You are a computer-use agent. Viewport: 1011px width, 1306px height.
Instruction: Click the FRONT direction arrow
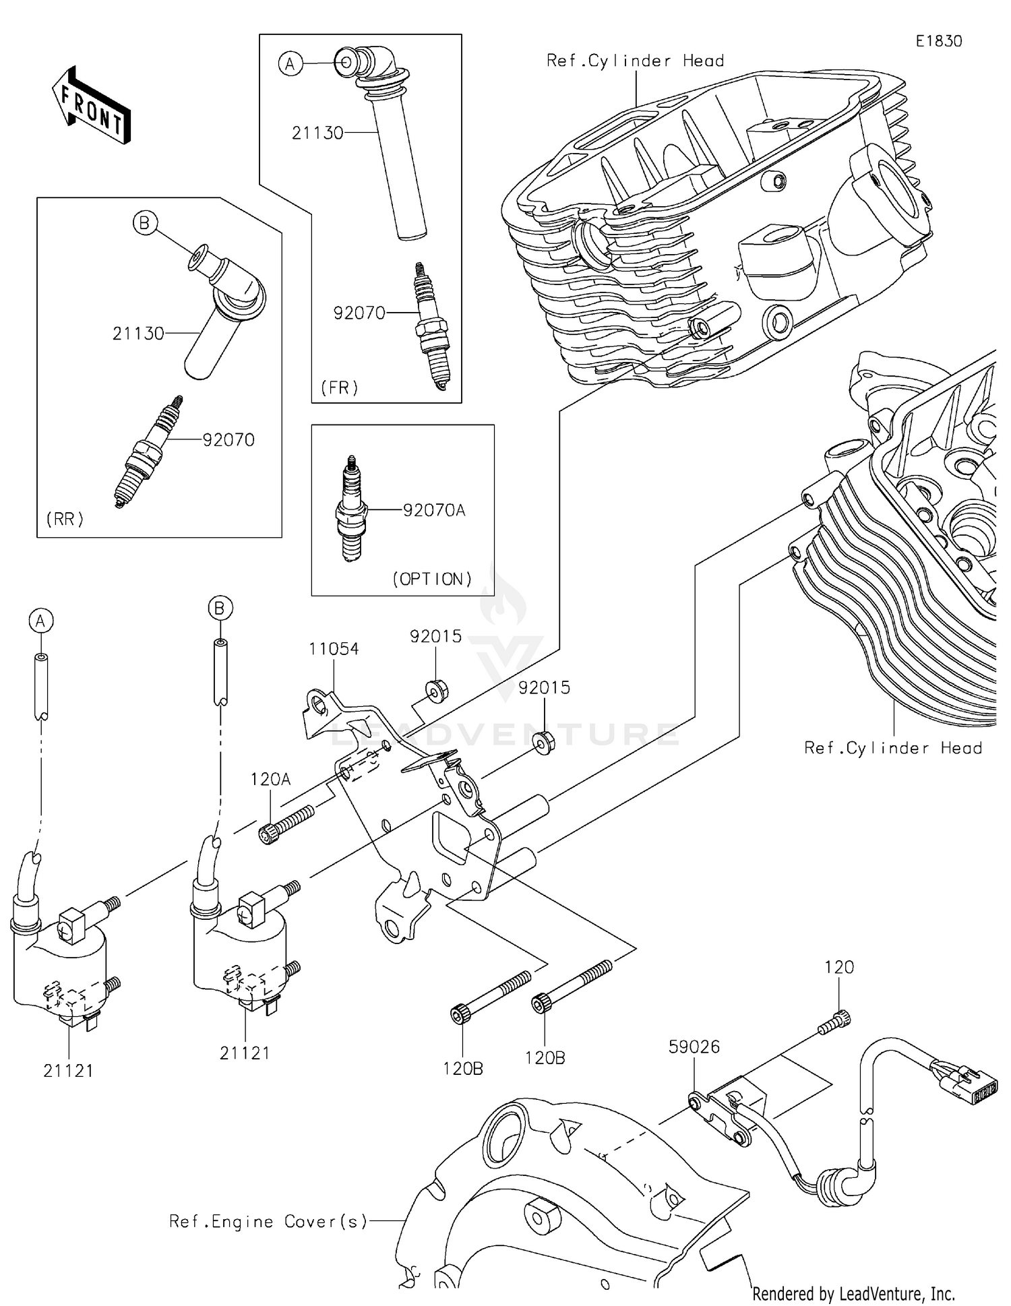click(91, 106)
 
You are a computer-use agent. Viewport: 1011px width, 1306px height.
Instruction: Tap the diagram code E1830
click(938, 41)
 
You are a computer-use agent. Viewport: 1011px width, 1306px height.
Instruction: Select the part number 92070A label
click(434, 510)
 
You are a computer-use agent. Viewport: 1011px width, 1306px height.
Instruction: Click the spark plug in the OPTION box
click(350, 509)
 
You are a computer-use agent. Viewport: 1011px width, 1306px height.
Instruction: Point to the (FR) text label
click(339, 387)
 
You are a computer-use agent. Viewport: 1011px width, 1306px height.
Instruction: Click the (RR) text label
click(65, 519)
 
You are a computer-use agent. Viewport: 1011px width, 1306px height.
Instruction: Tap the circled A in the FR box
click(290, 64)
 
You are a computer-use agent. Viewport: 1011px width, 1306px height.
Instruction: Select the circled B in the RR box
click(144, 222)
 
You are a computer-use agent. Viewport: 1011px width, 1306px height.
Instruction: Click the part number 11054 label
click(334, 649)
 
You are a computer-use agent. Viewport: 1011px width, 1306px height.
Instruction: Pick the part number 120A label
click(270, 780)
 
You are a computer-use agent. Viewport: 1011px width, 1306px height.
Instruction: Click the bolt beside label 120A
click(286, 824)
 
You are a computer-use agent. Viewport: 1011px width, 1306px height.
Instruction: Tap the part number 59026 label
click(694, 1047)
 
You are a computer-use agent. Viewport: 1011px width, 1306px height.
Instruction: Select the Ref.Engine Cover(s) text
click(268, 1221)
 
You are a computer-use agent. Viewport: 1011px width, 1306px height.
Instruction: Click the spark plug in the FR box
click(431, 326)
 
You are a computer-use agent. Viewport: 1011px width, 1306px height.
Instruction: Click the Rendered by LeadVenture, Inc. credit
click(853, 1293)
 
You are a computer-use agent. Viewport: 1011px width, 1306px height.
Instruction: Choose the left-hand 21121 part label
click(68, 1070)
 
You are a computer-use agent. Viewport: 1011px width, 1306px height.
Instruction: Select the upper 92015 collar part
click(437, 691)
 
